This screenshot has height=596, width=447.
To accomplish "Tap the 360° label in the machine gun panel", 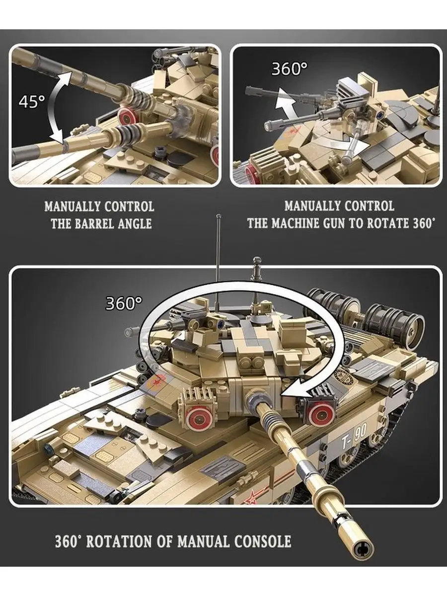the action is [x=290, y=69].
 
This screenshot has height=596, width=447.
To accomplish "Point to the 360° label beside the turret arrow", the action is [x=124, y=303].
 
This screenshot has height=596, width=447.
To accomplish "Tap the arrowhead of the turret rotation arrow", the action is [x=297, y=390].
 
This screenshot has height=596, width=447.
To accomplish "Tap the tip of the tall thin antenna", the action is [x=219, y=216].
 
